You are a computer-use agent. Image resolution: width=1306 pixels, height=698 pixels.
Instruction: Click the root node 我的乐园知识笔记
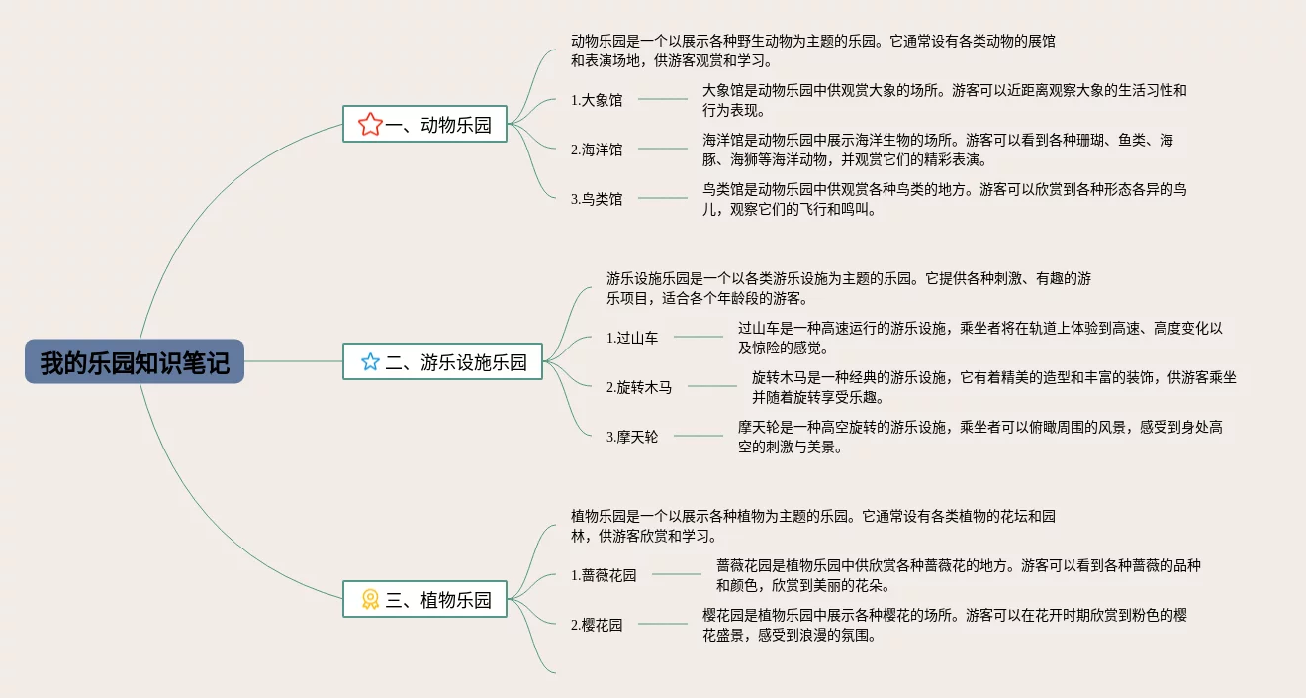(x=135, y=362)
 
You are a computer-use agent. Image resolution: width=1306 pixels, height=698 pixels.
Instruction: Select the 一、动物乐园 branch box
(x=424, y=126)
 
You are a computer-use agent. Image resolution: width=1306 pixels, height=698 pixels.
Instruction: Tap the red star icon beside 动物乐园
(x=370, y=125)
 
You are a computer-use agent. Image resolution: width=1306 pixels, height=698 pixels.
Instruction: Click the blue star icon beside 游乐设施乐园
(x=370, y=362)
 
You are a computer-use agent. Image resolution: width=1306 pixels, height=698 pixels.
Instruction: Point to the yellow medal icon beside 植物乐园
(x=370, y=599)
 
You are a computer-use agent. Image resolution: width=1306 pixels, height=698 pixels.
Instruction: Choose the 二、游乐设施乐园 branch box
(x=442, y=362)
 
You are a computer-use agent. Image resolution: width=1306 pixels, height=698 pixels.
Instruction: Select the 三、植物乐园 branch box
(x=424, y=599)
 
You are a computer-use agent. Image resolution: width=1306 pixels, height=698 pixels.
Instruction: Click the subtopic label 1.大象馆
(x=597, y=100)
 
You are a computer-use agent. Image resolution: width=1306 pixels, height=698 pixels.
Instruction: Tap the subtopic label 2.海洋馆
(x=597, y=150)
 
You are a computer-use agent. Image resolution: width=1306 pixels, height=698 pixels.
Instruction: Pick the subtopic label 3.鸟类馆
(x=597, y=199)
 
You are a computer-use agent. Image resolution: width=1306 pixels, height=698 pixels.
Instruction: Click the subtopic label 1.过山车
(x=632, y=338)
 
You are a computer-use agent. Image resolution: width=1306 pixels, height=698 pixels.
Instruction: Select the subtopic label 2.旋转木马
(x=639, y=387)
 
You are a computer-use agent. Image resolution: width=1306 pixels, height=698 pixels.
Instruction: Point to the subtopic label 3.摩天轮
(x=632, y=437)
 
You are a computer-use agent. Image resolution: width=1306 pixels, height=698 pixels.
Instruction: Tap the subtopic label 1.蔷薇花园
(x=604, y=575)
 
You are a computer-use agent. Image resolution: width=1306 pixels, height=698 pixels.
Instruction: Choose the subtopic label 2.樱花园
(x=597, y=625)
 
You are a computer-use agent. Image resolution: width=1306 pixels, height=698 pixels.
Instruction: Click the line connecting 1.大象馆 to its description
(x=663, y=99)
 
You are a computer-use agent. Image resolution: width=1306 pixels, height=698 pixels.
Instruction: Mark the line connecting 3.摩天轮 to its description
(x=699, y=436)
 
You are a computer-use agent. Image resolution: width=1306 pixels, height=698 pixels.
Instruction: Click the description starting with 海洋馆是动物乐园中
(x=938, y=150)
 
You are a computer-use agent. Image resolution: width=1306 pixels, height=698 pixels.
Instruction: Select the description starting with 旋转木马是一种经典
(x=993, y=387)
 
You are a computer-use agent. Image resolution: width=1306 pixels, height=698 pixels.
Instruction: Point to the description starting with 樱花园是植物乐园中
(x=944, y=625)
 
